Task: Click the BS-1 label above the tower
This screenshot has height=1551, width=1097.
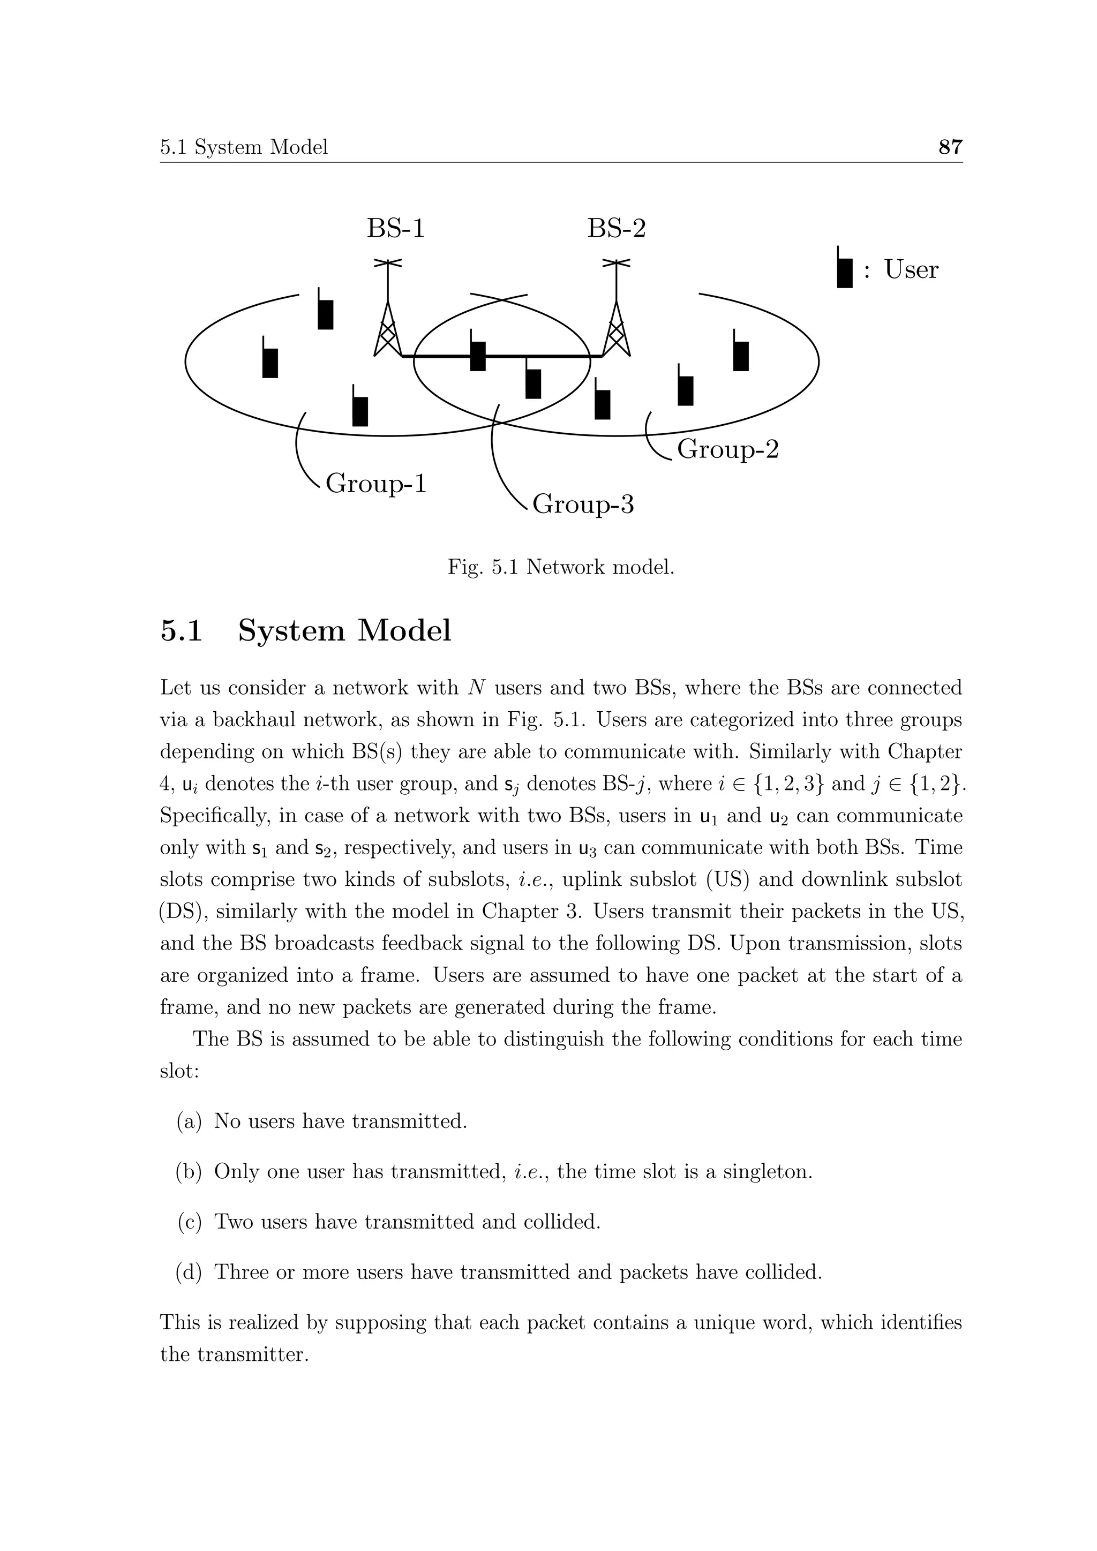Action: tap(396, 228)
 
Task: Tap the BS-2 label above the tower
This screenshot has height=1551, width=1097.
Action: tap(616, 228)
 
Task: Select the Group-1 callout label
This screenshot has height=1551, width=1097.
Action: tap(376, 484)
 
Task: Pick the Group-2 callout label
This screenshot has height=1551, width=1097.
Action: tap(727, 449)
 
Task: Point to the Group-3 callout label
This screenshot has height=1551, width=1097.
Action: tap(583, 504)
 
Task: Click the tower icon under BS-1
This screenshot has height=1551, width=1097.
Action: tap(388, 318)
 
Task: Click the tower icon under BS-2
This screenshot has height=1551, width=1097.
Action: tap(616, 318)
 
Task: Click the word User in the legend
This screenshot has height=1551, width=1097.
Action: tap(911, 269)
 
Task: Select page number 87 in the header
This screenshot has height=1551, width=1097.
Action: tap(950, 147)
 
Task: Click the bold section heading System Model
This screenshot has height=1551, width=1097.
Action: tap(344, 630)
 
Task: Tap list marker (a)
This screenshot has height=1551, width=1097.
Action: tap(189, 1121)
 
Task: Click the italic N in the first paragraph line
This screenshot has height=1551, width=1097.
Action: tap(476, 688)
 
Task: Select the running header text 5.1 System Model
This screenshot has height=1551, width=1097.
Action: tap(244, 147)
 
